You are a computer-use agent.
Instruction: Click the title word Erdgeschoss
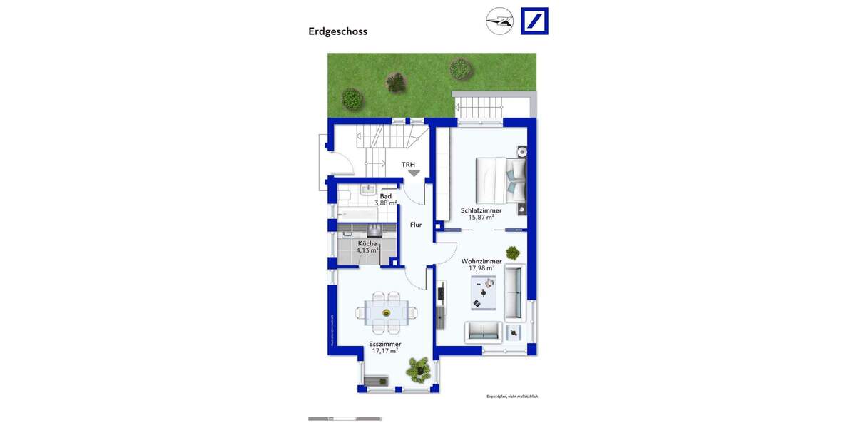(x=337, y=31)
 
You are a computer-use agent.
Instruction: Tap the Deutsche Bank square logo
(x=534, y=21)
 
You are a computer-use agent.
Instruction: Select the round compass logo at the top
(x=499, y=21)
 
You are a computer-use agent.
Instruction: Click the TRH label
(x=408, y=165)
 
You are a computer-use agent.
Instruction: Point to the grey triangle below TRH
(x=414, y=173)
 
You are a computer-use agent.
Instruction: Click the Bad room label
(x=385, y=196)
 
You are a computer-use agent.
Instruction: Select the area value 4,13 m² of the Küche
(x=368, y=250)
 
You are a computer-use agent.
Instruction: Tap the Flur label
(x=416, y=225)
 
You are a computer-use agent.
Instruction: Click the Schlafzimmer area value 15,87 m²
(x=481, y=218)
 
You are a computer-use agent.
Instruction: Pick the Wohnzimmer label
(x=481, y=261)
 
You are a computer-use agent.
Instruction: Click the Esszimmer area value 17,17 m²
(x=384, y=351)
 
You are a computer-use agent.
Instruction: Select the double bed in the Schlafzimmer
(x=501, y=180)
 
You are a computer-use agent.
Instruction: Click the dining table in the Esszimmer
(x=387, y=312)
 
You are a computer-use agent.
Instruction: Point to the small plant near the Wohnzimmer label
(x=513, y=252)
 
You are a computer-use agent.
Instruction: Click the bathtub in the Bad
(x=356, y=213)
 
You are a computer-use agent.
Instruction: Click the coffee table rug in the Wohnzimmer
(x=484, y=292)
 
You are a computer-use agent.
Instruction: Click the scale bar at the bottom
(x=345, y=419)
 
